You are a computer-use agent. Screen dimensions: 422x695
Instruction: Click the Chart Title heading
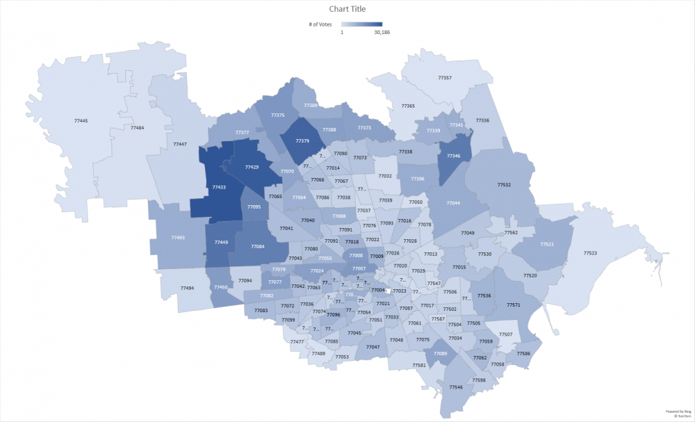(347, 9)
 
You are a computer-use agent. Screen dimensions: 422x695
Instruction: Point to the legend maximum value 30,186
(382, 32)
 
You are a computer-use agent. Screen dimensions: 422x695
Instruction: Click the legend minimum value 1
(341, 32)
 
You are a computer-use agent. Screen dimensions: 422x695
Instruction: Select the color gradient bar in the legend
(361, 24)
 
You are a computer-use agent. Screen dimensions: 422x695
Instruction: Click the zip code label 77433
(219, 187)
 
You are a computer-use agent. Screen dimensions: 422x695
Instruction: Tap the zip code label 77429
(252, 168)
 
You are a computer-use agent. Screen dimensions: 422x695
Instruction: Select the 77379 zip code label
(302, 141)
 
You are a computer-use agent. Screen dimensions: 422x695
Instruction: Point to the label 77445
(81, 121)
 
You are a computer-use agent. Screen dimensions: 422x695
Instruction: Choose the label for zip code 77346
(454, 156)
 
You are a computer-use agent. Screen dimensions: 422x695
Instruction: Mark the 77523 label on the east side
(590, 253)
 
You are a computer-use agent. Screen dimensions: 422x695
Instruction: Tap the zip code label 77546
(456, 387)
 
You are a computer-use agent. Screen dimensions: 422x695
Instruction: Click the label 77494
(187, 288)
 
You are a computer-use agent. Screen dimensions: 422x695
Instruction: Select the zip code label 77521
(547, 245)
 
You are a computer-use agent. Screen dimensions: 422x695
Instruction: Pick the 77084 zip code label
(258, 247)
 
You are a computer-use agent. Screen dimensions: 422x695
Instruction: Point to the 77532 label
(504, 185)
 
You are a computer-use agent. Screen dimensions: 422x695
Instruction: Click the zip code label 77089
(440, 354)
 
